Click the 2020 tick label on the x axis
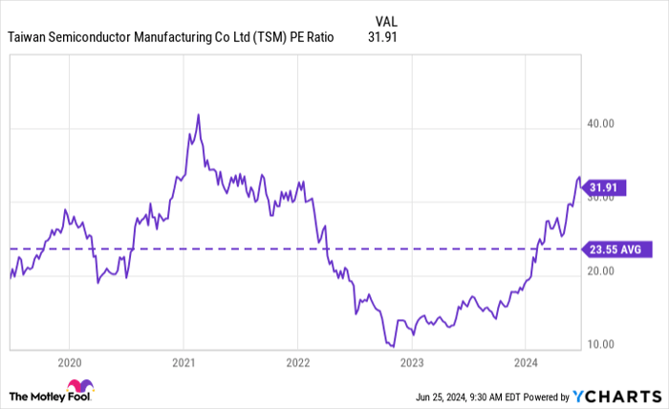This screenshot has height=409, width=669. tap(69, 362)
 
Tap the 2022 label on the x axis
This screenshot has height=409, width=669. tap(297, 362)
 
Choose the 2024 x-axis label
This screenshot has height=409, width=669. tap(525, 362)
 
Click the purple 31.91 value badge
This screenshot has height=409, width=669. tap(606, 186)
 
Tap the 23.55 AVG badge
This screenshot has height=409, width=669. tap(613, 248)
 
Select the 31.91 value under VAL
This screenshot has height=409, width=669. tap(381, 38)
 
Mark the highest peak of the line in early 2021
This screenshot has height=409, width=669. tap(198, 115)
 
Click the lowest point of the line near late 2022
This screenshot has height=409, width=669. tap(393, 346)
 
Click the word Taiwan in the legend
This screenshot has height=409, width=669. tap(28, 38)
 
